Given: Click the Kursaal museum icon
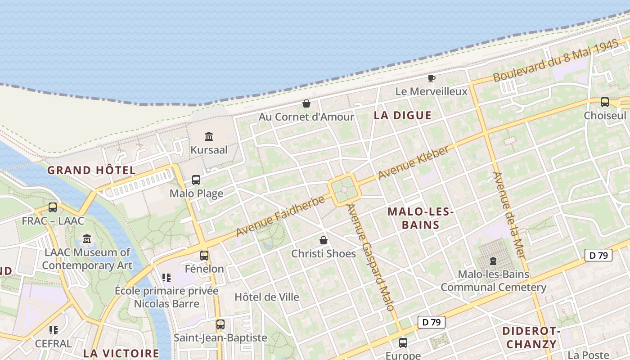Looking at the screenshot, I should [x=208, y=136].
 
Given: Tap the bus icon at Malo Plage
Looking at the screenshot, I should [x=196, y=180].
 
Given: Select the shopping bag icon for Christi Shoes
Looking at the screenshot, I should [x=323, y=240].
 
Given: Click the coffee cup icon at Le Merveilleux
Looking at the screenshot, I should [x=431, y=78].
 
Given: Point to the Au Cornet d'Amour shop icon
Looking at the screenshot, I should [x=306, y=103].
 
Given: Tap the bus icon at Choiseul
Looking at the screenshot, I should [x=604, y=102].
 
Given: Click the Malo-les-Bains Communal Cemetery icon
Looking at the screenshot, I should [x=493, y=261].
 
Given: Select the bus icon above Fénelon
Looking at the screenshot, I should [x=204, y=256].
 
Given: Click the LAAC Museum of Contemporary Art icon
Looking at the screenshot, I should [x=87, y=238].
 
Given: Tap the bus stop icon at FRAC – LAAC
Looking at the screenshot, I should [x=53, y=207].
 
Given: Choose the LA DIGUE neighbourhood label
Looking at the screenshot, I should [x=402, y=116].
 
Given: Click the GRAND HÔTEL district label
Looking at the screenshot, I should [x=91, y=171].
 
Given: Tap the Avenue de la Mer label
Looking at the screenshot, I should [x=509, y=215].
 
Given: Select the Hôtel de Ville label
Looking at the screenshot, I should [x=267, y=297].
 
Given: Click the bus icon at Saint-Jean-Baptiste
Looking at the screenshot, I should [x=220, y=324].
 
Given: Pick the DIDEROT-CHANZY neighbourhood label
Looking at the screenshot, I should [x=531, y=338].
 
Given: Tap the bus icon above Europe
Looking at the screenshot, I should [x=403, y=343].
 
